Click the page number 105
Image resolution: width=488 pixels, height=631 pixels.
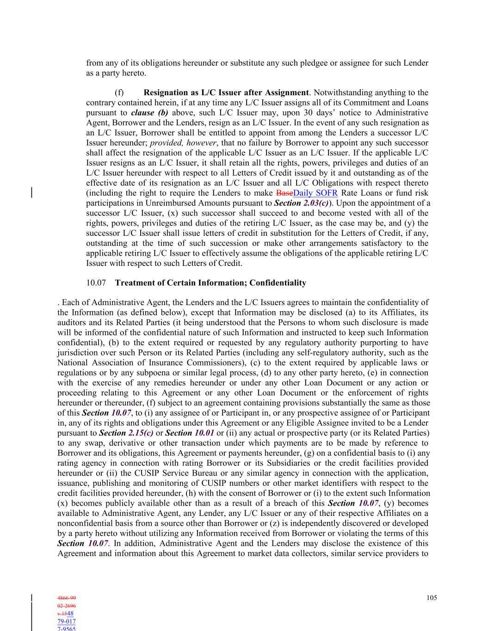coord(431,598)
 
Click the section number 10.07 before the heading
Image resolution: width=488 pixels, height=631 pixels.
coord(96,282)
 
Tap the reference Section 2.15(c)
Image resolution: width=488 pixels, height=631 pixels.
coord(126,433)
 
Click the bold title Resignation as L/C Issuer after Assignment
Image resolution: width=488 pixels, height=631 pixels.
coord(226,92)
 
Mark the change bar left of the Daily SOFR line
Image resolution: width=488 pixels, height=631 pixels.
coord(31,193)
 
